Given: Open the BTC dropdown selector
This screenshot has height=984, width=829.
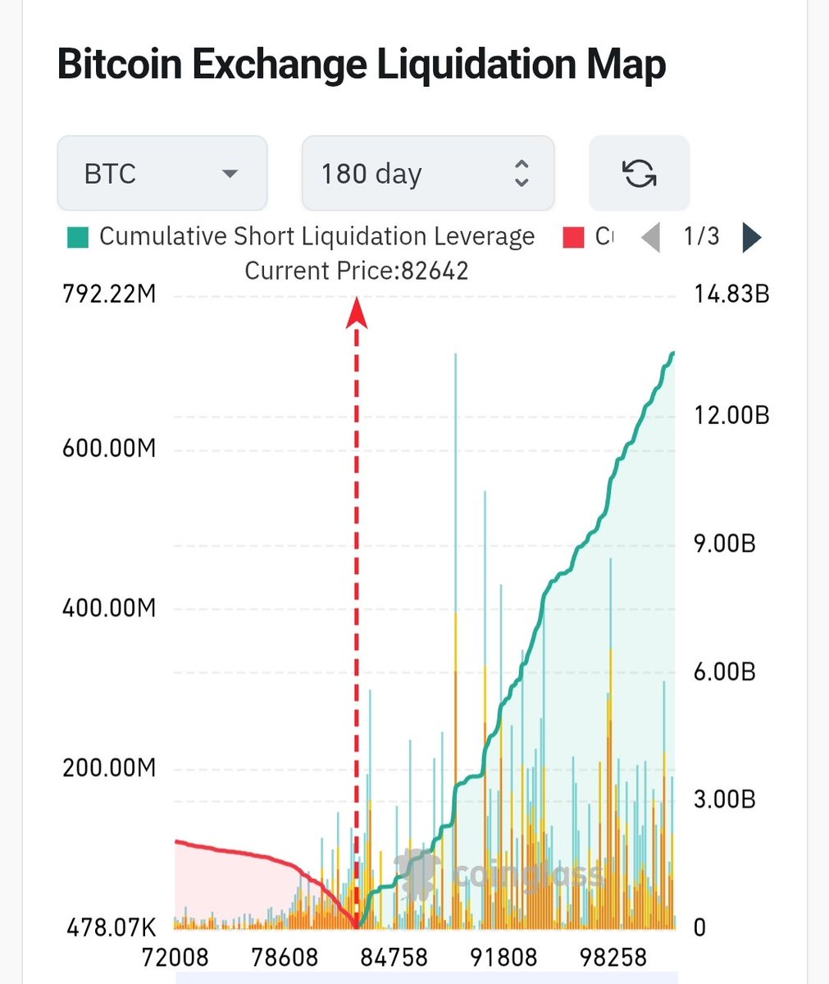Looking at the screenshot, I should coord(162,174).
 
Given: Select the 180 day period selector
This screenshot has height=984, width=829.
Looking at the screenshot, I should coord(427,174).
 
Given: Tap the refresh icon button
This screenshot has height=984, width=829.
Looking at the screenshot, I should coord(639,174).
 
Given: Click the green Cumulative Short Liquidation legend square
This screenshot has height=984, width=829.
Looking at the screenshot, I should coord(78,238).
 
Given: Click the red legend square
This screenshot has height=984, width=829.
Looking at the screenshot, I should coord(573,238).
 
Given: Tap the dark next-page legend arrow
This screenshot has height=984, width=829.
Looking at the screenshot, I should coord(751,238).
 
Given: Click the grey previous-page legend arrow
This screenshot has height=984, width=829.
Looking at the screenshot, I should coord(650,238).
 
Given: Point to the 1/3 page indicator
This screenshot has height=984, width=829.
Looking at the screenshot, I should coord(701,237).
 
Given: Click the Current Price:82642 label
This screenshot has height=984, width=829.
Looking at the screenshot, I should coord(357,271).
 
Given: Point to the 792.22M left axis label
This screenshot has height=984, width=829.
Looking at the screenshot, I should coord(109,294).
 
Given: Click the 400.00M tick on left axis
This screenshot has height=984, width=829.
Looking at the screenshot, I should coord(109,608).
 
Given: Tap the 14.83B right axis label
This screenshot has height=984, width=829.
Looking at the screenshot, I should coord(731,294).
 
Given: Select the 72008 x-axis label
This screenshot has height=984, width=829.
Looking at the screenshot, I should coord(175,957).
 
